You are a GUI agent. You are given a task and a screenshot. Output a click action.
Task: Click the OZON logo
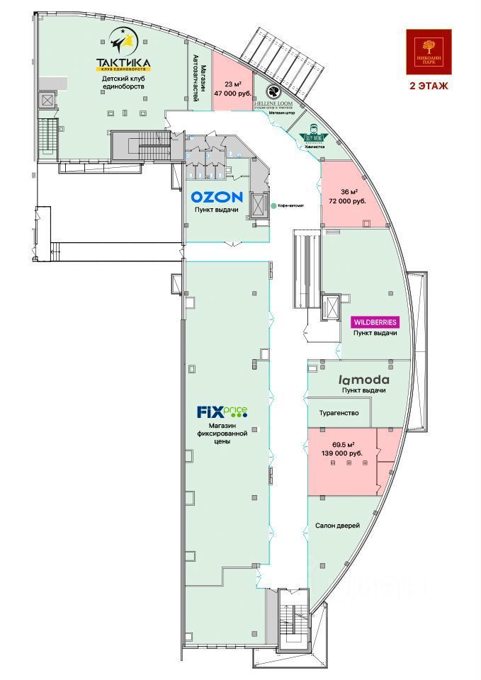217,198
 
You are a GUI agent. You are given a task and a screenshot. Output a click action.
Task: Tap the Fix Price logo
222,412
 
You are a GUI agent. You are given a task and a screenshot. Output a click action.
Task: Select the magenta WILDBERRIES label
375,322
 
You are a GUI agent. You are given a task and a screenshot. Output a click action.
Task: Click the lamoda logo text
363,379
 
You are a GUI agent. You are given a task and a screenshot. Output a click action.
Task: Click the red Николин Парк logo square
427,52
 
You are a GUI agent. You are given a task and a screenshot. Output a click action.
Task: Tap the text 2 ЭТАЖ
427,87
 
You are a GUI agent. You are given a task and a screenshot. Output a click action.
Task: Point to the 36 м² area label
348,192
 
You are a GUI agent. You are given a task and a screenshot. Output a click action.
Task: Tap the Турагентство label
339,413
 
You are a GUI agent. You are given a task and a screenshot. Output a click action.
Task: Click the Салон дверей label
338,525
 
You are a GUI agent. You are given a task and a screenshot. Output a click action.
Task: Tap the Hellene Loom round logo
274,91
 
